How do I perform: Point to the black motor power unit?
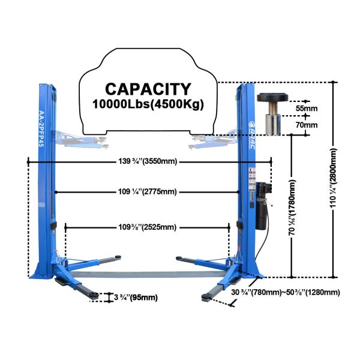pyautogui.click(x=262, y=204)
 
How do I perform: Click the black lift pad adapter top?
pyautogui.click(x=274, y=98)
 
